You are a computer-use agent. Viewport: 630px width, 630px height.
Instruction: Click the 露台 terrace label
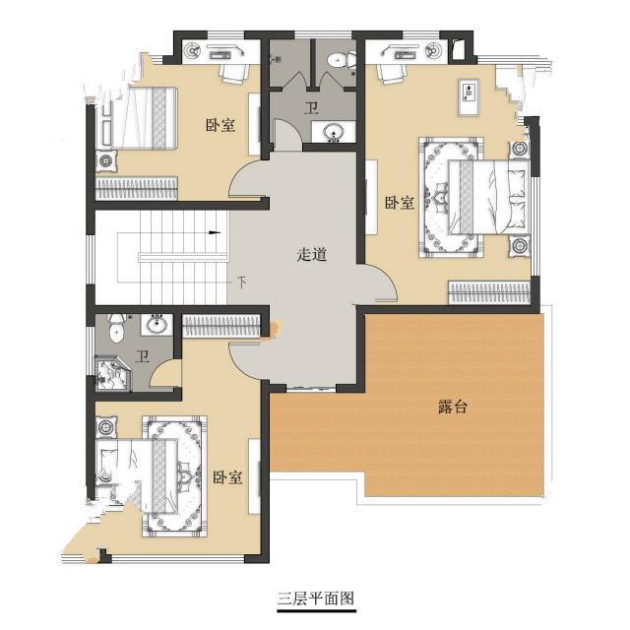point(452,406)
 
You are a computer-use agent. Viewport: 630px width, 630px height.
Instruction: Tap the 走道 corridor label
point(311,254)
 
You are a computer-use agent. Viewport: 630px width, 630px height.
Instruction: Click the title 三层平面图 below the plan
point(315,598)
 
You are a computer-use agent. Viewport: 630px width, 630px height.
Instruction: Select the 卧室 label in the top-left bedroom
point(220,125)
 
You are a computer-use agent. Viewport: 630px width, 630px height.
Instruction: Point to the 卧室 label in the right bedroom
point(399,203)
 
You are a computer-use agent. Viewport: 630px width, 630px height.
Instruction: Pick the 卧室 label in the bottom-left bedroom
point(227,477)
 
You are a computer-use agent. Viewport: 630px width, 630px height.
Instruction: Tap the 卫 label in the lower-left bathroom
point(142,356)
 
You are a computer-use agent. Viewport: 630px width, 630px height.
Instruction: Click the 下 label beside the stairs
point(241,283)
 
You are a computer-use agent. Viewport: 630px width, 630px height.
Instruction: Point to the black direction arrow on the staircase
point(214,233)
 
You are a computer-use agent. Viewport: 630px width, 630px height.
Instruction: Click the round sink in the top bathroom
point(333,131)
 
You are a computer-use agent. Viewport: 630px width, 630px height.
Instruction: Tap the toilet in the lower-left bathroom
point(117,324)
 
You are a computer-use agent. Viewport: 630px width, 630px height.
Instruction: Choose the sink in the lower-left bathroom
point(156,324)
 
